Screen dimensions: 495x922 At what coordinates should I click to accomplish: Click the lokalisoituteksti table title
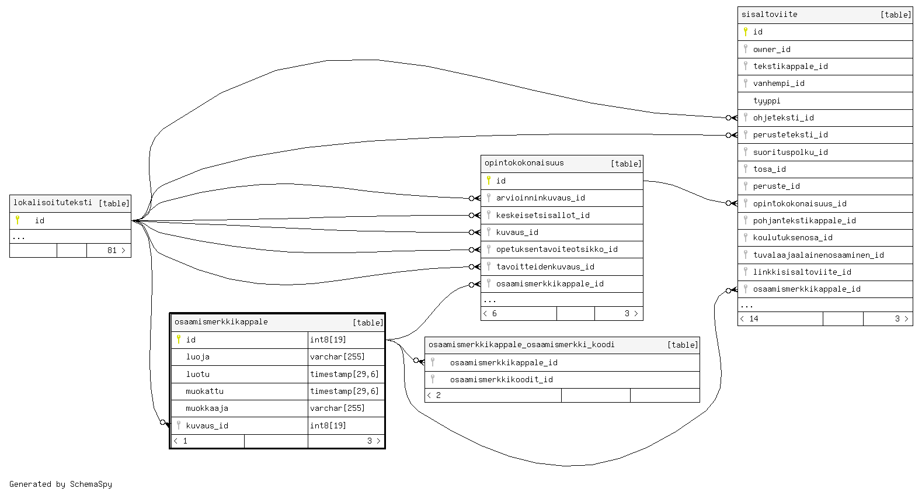(53, 203)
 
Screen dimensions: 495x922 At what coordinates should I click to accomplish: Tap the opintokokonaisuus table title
(524, 163)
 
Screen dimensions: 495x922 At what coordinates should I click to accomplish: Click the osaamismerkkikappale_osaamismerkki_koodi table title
(521, 345)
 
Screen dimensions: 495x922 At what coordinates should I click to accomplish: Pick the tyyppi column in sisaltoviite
(766, 101)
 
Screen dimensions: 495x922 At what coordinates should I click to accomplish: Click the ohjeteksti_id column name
(783, 117)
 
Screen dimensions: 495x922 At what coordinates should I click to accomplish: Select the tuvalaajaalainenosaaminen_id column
(818, 255)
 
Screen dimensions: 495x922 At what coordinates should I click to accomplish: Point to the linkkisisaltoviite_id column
(802, 272)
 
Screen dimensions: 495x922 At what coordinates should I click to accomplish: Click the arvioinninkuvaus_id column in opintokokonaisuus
(540, 198)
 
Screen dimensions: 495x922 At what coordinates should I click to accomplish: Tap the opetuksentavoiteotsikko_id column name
(556, 249)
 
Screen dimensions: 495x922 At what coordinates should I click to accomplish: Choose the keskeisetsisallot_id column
(542, 215)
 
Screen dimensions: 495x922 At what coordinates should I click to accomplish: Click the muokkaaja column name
(207, 408)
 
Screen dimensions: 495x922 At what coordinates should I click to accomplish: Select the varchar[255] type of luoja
(337, 356)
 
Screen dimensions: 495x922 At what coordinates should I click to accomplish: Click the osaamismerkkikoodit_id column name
(501, 379)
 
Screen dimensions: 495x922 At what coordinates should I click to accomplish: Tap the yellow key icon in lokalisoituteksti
(18, 220)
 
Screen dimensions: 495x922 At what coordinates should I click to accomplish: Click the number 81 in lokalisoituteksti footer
(112, 250)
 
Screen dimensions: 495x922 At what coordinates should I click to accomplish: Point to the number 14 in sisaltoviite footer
(753, 319)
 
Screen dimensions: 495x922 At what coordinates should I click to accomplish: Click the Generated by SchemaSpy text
(61, 484)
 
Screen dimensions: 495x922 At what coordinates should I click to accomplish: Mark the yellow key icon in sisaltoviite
(746, 32)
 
